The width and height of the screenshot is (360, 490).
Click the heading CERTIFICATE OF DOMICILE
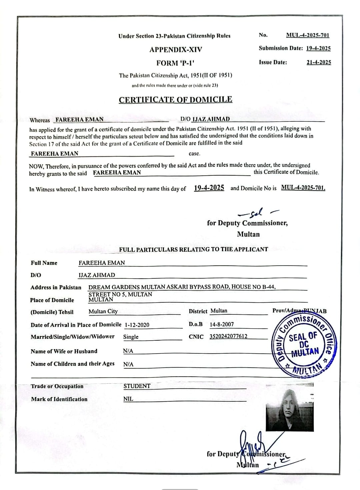point(176,100)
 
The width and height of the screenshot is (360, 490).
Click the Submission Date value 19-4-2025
point(318,48)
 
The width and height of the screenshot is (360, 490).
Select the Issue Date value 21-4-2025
point(319,62)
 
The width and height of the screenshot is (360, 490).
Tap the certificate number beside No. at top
point(308,35)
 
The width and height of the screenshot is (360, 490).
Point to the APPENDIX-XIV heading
point(176,50)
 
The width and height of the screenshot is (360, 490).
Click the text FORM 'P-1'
point(175,63)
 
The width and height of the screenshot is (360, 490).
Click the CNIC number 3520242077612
point(228,336)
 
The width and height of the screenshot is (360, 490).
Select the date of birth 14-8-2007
point(222,324)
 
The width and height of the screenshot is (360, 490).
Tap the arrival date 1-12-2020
point(137,325)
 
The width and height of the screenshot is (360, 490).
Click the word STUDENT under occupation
point(137,386)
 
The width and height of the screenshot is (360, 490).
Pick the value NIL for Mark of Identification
point(128,399)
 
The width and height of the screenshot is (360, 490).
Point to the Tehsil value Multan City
point(103,311)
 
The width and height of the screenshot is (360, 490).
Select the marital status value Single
point(131,337)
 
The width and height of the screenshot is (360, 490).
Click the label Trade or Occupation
point(57,386)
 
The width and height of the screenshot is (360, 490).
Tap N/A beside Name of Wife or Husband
point(128,351)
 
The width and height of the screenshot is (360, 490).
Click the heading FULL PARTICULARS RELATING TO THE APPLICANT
point(193,249)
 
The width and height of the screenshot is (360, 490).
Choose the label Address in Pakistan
point(56,287)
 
